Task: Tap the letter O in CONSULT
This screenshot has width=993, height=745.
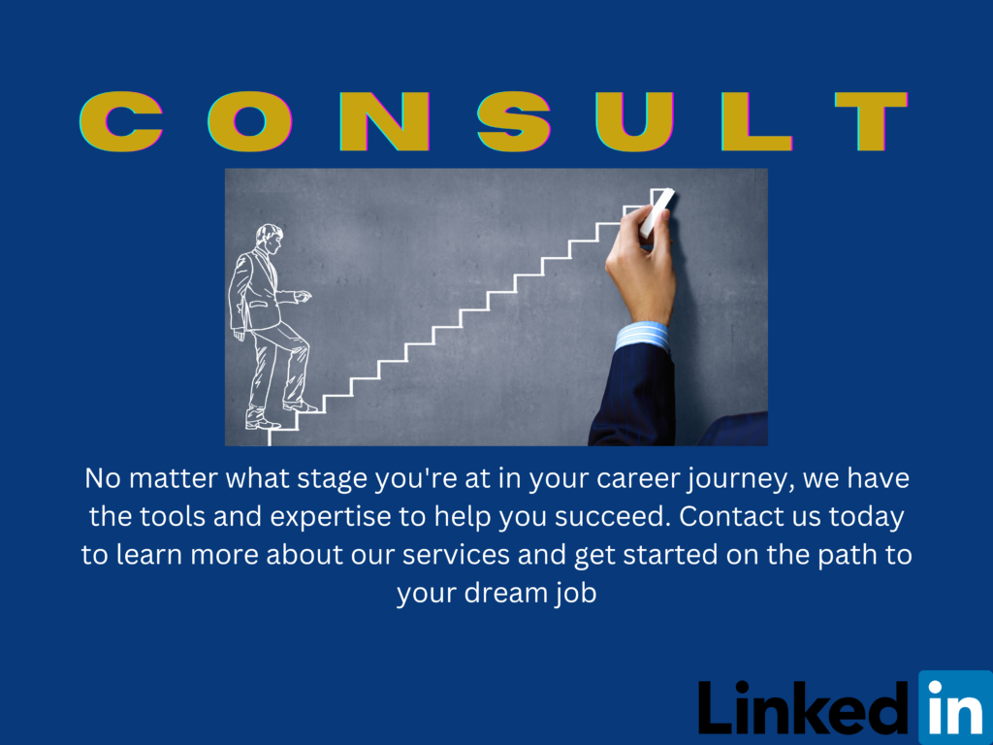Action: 250,121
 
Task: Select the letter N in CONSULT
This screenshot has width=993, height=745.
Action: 385,121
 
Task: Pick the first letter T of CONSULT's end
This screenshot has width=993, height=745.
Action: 872,121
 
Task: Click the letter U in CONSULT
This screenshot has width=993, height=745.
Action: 634,121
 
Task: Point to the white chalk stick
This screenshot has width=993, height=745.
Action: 657,212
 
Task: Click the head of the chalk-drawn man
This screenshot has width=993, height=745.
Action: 270,239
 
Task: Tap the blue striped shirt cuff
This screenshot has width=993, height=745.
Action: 642,337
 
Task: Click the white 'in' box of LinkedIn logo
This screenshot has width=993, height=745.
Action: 955,707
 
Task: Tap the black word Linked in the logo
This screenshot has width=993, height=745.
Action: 804,708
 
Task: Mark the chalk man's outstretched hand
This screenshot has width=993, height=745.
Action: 304,296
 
